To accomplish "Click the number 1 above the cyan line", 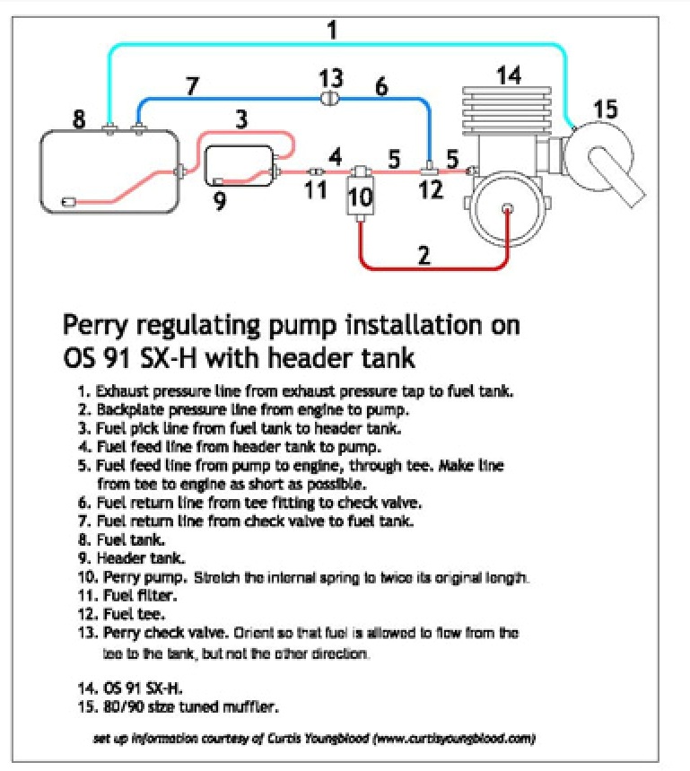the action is click(333, 30).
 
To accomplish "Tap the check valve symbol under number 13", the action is click(329, 99).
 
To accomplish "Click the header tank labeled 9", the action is click(240, 166).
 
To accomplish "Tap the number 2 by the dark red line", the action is click(424, 255).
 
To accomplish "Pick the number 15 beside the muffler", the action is click(605, 110).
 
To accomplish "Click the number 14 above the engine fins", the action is click(509, 75).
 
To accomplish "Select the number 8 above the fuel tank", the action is click(79, 119).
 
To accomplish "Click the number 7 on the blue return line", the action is click(193, 86).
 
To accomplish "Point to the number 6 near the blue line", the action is click(381, 86).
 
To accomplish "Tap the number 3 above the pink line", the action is click(241, 119).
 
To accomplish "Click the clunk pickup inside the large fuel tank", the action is click(69, 202).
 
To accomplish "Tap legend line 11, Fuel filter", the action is click(127, 595).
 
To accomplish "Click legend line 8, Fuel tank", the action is click(121, 539).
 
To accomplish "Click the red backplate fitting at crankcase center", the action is click(508, 208).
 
